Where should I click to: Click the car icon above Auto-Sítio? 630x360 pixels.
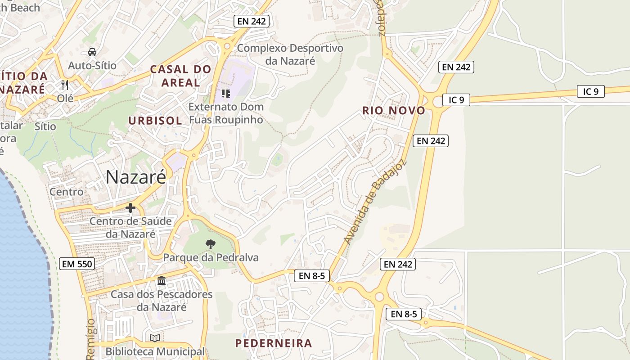click(92, 52)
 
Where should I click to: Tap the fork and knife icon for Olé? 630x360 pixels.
click(65, 85)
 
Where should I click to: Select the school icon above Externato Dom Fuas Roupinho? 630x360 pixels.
click(225, 93)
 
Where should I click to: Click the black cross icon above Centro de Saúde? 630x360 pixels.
click(130, 207)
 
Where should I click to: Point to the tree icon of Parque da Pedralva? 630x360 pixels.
click(210, 244)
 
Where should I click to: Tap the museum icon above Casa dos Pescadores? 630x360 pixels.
click(162, 281)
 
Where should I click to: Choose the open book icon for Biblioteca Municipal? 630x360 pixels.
click(155, 338)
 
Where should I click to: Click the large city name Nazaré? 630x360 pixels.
click(136, 177)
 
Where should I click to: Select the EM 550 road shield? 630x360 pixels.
click(77, 264)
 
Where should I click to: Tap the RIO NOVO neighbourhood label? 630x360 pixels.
click(393, 111)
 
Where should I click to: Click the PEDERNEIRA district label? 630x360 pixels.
click(274, 343)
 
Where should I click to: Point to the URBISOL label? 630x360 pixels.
click(155, 121)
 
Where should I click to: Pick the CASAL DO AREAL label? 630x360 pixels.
click(180, 76)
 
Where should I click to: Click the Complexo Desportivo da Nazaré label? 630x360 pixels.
click(290, 54)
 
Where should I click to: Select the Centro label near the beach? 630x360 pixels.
click(67, 192)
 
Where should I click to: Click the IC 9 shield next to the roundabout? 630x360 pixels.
click(456, 100)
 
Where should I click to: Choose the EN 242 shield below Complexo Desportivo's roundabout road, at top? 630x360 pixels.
click(252, 21)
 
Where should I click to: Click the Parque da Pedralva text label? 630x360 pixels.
click(211, 258)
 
